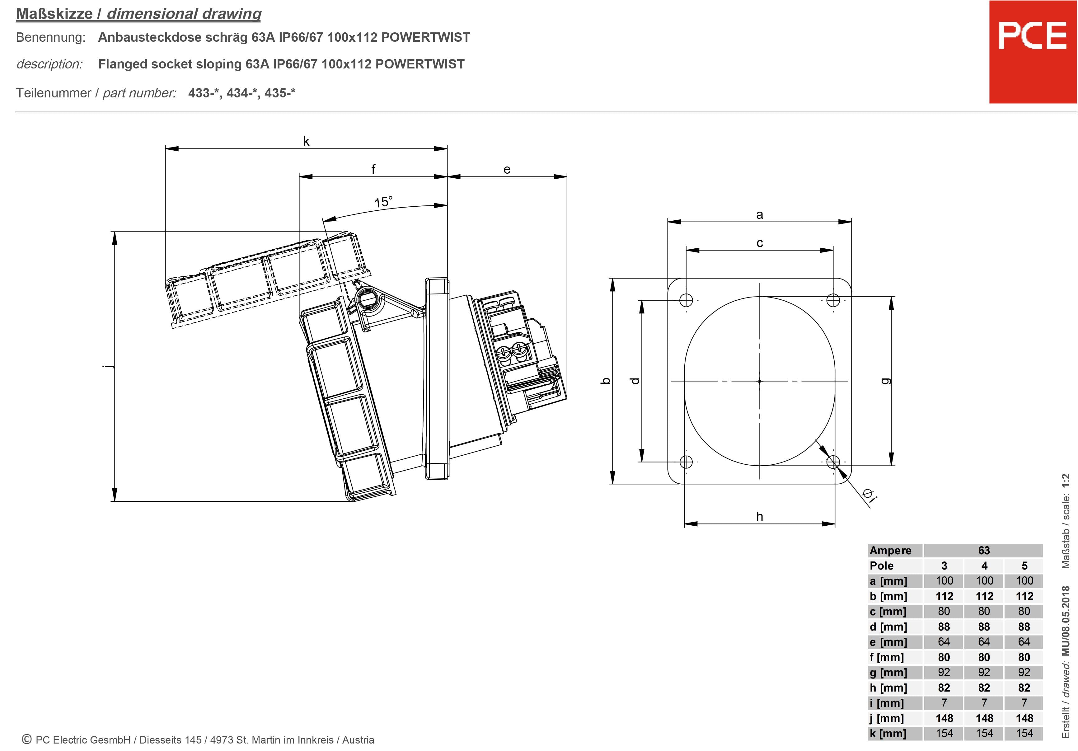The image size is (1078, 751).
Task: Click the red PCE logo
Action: point(1033,52)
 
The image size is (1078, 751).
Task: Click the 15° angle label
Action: point(383,202)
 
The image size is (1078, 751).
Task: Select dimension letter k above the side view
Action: point(306,141)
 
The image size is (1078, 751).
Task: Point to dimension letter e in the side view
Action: point(507,170)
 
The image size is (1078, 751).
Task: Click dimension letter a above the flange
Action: point(759,215)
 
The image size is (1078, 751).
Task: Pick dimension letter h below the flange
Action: point(759,517)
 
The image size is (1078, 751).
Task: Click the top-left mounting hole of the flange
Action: point(686,300)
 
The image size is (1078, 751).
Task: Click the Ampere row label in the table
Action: point(890,551)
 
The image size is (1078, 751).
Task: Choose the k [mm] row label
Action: point(888,733)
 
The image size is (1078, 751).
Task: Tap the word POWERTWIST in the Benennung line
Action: point(425,38)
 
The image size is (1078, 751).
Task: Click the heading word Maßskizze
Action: point(54,14)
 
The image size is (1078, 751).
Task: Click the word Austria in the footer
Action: point(358,740)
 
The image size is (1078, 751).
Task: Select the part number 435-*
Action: point(279,93)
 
